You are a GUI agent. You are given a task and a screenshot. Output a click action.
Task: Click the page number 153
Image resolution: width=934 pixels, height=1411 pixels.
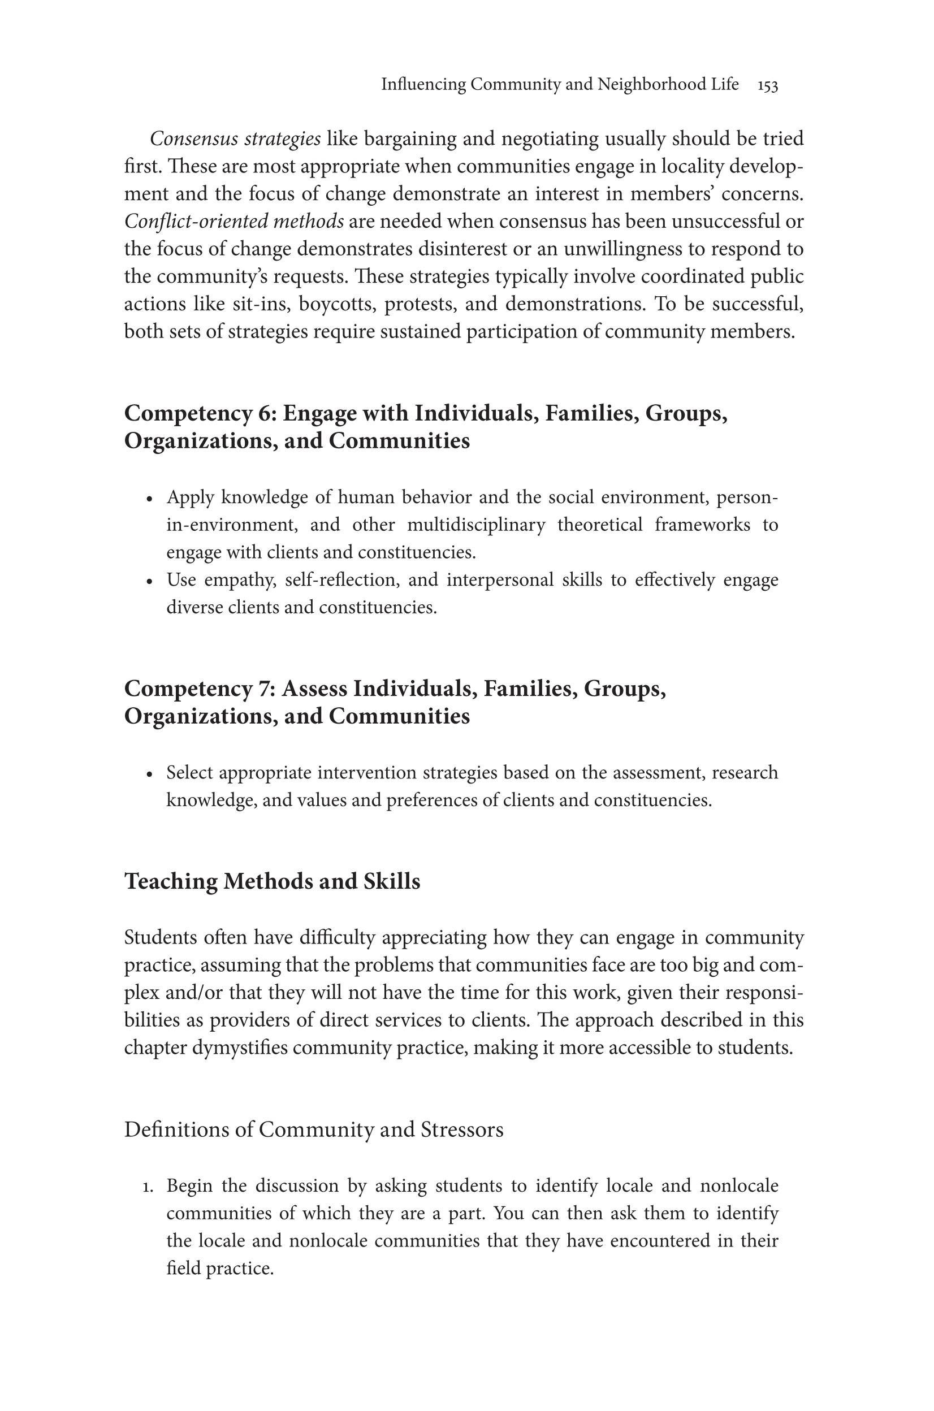tap(767, 86)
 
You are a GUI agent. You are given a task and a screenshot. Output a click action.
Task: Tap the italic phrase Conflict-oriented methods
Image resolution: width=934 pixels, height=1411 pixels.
tap(233, 222)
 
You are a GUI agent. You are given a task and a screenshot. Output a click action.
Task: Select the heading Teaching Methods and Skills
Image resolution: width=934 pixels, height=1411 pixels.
tap(271, 881)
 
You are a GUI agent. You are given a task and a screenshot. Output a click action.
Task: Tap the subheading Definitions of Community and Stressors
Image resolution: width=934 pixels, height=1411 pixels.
tap(313, 1130)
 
